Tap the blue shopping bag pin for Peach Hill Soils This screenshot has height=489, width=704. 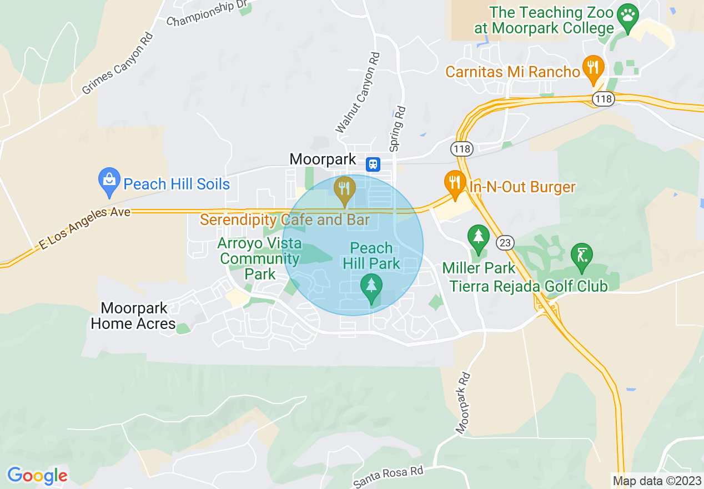click(109, 181)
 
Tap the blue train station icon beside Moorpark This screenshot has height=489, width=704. click(373, 163)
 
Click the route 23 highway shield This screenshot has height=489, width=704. click(506, 243)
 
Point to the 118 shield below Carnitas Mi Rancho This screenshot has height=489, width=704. click(603, 99)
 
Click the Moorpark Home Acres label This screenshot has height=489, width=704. click(133, 316)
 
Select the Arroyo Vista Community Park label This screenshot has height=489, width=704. click(260, 258)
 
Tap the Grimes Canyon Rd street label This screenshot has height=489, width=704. click(117, 63)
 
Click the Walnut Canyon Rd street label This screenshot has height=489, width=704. click(359, 93)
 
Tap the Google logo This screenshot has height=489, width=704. click(37, 476)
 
